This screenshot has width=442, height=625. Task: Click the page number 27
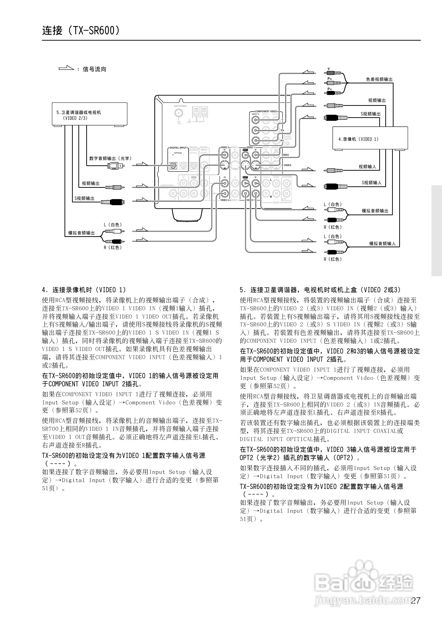(x=416, y=601)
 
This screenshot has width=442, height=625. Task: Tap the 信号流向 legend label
(x=94, y=69)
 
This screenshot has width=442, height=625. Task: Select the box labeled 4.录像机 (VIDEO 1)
(x=370, y=139)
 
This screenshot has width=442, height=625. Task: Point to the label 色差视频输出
(x=379, y=79)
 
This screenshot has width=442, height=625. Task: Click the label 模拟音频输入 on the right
(x=382, y=244)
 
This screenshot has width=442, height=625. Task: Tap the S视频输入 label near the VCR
(x=372, y=183)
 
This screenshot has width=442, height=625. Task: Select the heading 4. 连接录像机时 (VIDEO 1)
(x=84, y=290)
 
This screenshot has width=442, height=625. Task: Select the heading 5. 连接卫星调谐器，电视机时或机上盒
(x=320, y=290)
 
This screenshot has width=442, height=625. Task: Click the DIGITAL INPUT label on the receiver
(x=178, y=148)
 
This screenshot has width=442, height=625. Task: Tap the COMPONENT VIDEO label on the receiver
(x=266, y=112)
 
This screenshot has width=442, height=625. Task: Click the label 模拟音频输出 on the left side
(x=82, y=233)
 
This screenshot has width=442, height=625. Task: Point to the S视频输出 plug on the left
(x=112, y=202)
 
